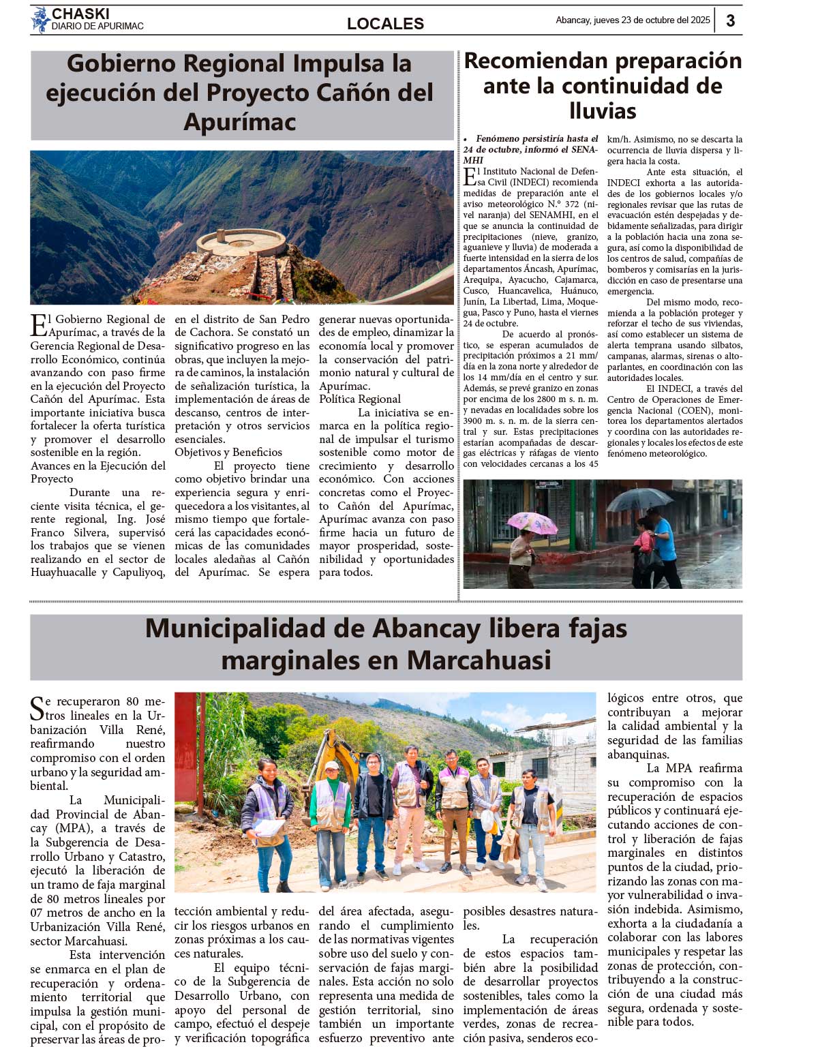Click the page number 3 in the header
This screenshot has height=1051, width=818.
730,20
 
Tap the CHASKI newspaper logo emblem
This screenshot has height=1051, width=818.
40,20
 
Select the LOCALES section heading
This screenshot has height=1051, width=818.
385,24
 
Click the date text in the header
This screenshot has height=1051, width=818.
633,20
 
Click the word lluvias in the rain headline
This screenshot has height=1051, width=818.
603,111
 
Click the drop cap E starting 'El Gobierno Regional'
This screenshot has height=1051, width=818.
39,325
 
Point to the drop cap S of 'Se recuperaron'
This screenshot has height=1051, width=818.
37,708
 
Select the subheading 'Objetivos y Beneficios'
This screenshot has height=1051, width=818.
228,453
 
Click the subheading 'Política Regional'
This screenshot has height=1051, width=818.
360,399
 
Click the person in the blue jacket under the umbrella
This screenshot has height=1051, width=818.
661,542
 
